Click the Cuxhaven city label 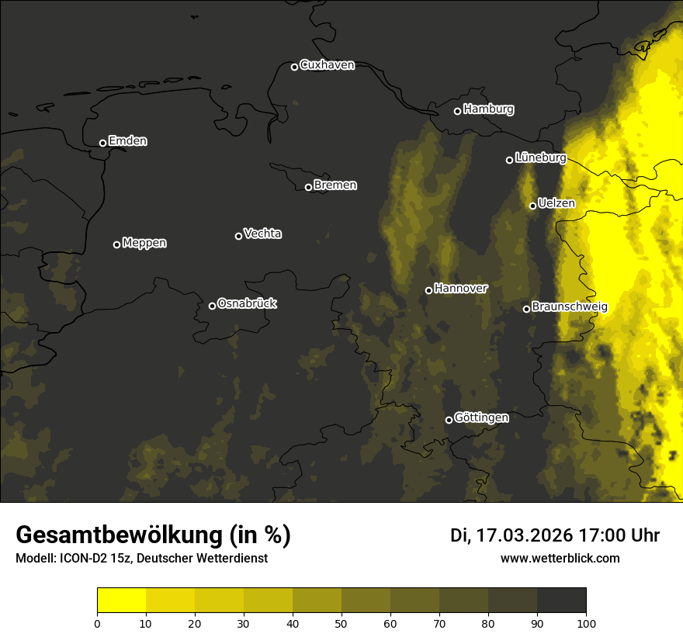click(x=327, y=65)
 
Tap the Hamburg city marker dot click(x=457, y=111)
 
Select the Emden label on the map click(x=127, y=141)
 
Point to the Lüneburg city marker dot click(x=509, y=160)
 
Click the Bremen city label click(x=335, y=185)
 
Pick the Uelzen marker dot click(x=532, y=206)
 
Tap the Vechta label click(x=262, y=234)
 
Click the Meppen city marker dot click(x=116, y=244)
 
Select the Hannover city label click(x=460, y=289)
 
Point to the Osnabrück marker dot click(x=212, y=306)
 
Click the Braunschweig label click(x=570, y=307)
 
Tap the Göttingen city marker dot click(x=449, y=420)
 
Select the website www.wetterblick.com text click(x=560, y=558)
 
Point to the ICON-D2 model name click(x=78, y=559)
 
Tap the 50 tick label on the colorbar click(x=341, y=623)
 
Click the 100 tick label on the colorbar click(x=586, y=623)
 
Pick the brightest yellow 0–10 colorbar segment click(x=121, y=601)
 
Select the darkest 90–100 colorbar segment click(x=561, y=601)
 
